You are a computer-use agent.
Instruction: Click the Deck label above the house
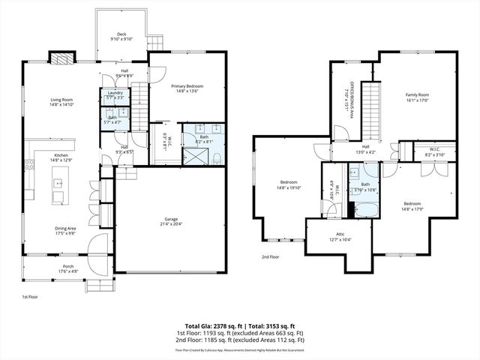[x=121, y=34]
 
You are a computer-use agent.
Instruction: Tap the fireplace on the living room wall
[x=61, y=58]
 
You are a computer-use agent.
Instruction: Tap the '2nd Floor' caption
[x=270, y=257]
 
